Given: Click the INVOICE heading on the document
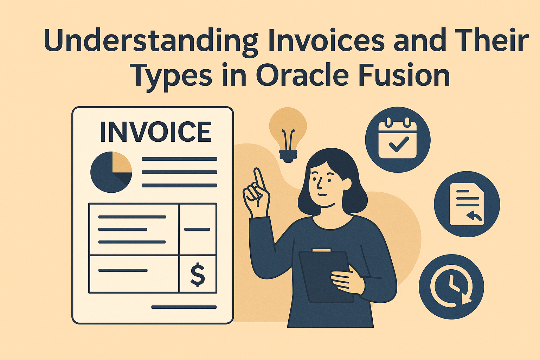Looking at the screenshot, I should click(x=155, y=132).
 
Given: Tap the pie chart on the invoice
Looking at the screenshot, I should click(x=111, y=172).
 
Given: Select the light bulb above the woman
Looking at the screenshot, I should click(x=288, y=134).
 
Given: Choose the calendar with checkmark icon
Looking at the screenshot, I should click(x=398, y=140).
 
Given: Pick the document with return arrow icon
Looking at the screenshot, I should click(x=467, y=204).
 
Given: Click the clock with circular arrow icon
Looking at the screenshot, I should click(x=451, y=287).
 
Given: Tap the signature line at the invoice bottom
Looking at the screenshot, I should click(x=184, y=307).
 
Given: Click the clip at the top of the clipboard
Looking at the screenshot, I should click(x=321, y=250).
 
